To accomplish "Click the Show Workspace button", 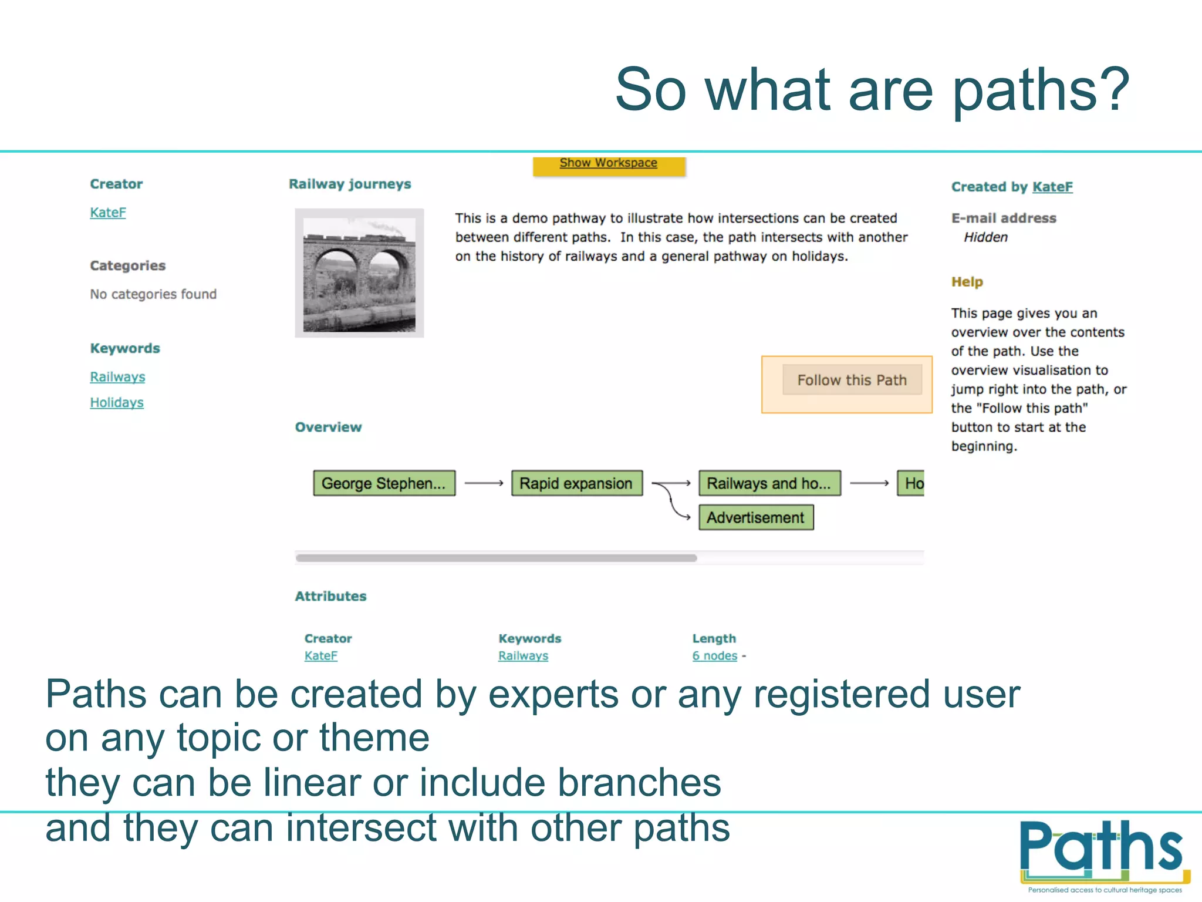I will click(608, 164).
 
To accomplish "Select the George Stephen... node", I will click(384, 483).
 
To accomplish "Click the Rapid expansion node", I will click(576, 483).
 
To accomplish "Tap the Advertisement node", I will click(755, 517).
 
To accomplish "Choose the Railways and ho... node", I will click(769, 483).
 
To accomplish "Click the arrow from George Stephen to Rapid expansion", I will click(484, 483).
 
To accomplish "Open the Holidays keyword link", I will click(117, 403).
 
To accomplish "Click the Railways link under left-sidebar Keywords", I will click(117, 377).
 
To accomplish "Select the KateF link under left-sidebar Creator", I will click(108, 213).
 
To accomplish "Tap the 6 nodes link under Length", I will click(714, 656).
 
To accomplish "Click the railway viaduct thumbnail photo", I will click(359, 274).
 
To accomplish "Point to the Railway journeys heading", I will click(350, 184).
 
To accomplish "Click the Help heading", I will click(967, 282).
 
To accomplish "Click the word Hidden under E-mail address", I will click(985, 237).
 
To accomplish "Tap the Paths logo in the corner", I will click(1104, 854).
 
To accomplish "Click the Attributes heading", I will click(330, 596).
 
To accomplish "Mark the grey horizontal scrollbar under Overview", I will click(496, 558).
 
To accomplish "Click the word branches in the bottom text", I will click(639, 783).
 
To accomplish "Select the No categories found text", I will click(153, 294).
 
